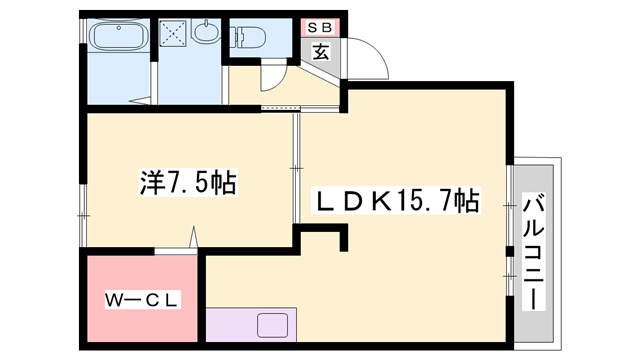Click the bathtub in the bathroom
pyautogui.click(x=118, y=36)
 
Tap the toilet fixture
pyautogui.click(x=248, y=37)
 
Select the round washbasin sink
pyautogui.click(x=205, y=32)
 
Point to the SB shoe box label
pyautogui.click(x=320, y=28)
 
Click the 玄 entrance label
pyautogui.click(x=320, y=51)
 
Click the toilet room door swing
pyautogui.click(x=274, y=76)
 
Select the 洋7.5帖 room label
pyautogui.click(x=188, y=183)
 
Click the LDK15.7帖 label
pyautogui.click(x=396, y=200)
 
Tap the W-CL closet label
pyautogui.click(x=142, y=300)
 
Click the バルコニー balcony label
pyautogui.click(x=534, y=253)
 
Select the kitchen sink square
pyautogui.click(x=272, y=325)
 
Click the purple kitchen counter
pyautogui.click(x=251, y=325)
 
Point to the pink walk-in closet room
pyautogui.click(x=142, y=299)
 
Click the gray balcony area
pyautogui.click(x=534, y=253)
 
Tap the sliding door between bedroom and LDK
pyautogui.click(x=297, y=168)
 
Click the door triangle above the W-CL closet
pyautogui.click(x=193, y=237)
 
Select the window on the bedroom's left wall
pyautogui.click(x=83, y=215)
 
